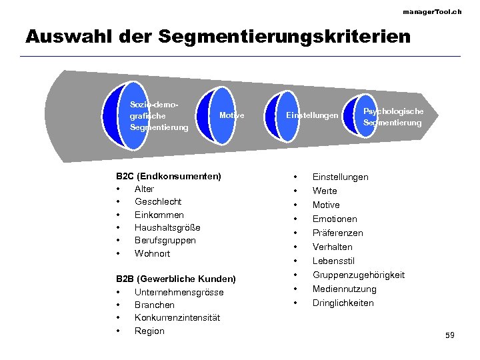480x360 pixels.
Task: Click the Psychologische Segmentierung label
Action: [x=393, y=117]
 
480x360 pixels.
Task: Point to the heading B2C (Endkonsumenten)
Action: [x=169, y=176]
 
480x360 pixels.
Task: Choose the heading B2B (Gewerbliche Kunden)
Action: [x=176, y=279]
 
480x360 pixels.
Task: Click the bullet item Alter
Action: [x=144, y=189]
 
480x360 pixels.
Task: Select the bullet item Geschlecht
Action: [x=158, y=201]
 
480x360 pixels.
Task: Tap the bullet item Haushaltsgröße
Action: [x=167, y=227]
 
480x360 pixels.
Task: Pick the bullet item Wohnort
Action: [x=153, y=253]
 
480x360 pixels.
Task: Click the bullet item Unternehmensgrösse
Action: [x=179, y=292]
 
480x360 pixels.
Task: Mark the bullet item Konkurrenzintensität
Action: [x=177, y=317]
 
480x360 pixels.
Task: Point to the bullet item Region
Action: [x=149, y=331]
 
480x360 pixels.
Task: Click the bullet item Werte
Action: [x=325, y=191]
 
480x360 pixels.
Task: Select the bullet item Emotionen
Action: [x=335, y=219]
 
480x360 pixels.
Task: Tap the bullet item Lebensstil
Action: [x=333, y=261]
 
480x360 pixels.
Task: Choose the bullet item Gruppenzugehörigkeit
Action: [x=359, y=275]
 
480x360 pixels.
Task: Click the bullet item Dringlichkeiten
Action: [x=343, y=303]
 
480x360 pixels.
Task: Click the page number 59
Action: [x=450, y=335]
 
